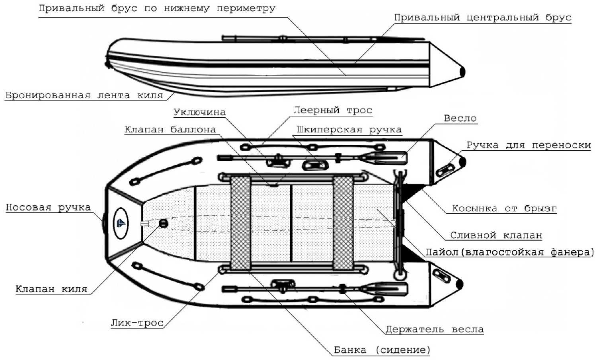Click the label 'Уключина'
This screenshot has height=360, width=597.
point(199,113)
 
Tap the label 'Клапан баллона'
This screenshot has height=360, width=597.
point(170,130)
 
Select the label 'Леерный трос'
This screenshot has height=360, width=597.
point(333,110)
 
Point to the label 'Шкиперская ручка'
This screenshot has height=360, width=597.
point(349,130)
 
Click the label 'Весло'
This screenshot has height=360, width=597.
point(460,119)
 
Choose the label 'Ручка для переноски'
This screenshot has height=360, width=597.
point(528,145)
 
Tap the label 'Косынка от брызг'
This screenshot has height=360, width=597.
point(504,208)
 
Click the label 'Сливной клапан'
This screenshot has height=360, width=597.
point(496,235)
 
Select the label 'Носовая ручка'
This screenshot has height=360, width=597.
point(48,208)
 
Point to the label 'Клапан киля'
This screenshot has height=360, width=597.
point(51,289)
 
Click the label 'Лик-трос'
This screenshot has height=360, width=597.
point(137,323)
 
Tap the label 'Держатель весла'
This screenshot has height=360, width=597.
point(434,329)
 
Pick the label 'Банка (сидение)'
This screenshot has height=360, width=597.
point(382,350)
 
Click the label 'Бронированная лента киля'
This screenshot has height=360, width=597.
point(84,96)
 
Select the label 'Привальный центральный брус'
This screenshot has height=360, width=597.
point(482,18)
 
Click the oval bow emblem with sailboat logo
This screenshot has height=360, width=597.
point(121,223)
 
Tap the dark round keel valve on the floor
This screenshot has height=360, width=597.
point(163,223)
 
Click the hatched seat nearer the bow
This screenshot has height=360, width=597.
point(241,223)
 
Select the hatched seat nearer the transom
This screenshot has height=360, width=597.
point(343,223)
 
